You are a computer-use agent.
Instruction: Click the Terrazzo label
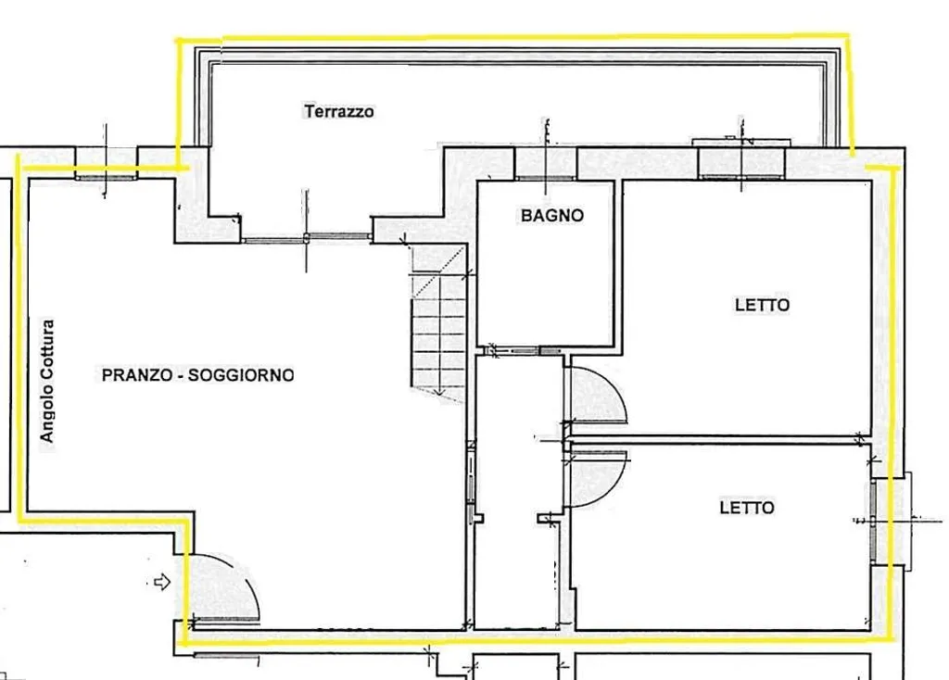tap(339, 111)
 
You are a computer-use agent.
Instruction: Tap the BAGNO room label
tap(552, 215)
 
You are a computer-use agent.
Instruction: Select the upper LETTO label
tap(762, 305)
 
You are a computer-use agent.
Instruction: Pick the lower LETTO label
tap(747, 507)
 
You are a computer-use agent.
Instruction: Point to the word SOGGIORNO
tap(241, 375)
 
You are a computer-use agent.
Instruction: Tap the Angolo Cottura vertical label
tap(46, 381)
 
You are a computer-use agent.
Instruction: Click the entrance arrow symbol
tap(162, 583)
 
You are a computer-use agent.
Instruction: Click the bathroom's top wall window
tap(546, 178)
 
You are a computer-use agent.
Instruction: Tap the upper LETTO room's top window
tap(741, 177)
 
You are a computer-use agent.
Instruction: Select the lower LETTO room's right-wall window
tap(873, 522)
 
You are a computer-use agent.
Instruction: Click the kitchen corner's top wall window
tap(106, 178)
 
